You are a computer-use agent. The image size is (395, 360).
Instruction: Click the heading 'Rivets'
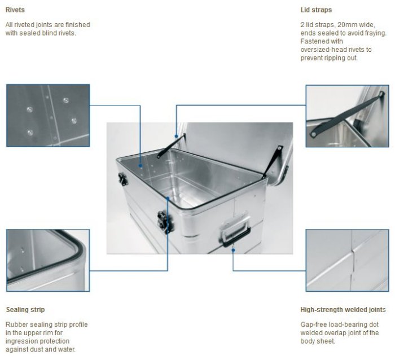(15, 10)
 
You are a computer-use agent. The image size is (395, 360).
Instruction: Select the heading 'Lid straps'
(316, 10)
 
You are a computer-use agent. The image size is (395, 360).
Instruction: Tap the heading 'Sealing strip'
(25, 310)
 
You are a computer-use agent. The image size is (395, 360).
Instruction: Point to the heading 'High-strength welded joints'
(343, 310)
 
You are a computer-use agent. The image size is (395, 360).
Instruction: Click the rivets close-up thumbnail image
(48, 115)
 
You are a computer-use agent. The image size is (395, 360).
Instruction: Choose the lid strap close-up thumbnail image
(347, 116)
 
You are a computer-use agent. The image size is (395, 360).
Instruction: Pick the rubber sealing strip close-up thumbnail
(48, 261)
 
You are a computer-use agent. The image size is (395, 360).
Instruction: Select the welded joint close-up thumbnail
(347, 261)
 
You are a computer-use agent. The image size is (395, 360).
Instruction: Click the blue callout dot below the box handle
(233, 250)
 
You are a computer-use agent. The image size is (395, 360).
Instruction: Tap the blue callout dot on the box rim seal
(168, 199)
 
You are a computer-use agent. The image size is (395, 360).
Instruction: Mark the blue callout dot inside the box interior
(141, 166)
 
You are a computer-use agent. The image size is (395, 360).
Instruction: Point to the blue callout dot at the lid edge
(177, 137)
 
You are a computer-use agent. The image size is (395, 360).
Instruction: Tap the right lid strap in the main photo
(272, 161)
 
